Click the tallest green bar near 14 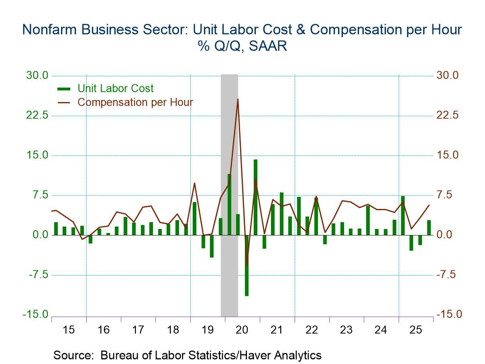[x=255, y=197]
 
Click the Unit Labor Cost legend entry [x=116, y=88]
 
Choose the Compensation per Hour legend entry [x=135, y=102]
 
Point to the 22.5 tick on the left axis [x=37, y=115]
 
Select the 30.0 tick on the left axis [x=37, y=76]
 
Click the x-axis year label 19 [x=208, y=330]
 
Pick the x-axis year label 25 [x=416, y=330]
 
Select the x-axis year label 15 [x=69, y=330]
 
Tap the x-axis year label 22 [x=312, y=330]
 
